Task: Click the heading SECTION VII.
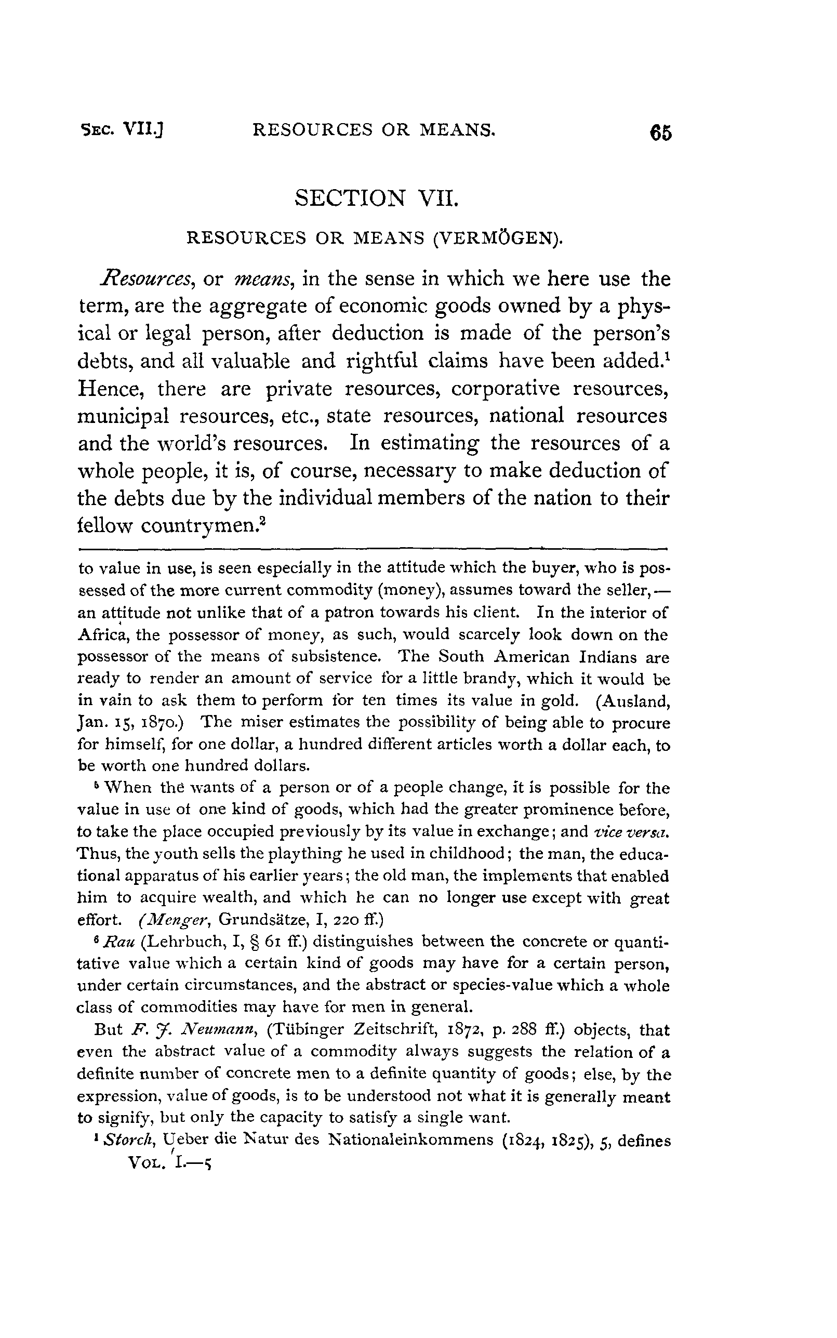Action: (377, 197)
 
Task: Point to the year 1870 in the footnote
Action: (152, 723)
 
